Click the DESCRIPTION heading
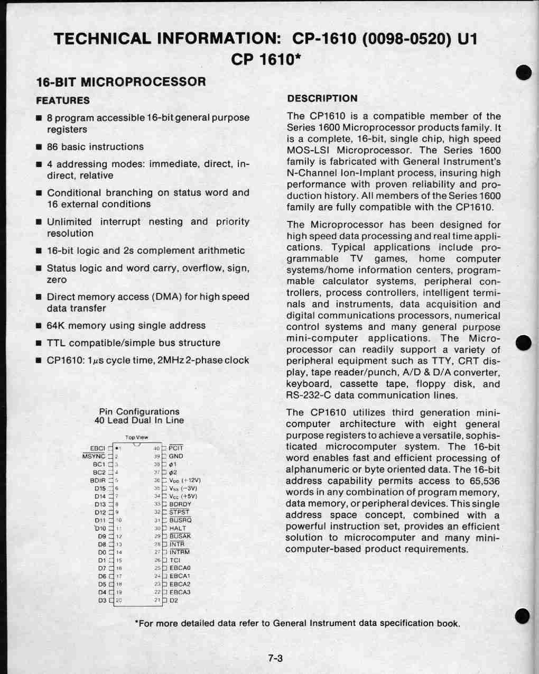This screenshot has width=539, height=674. (x=322, y=98)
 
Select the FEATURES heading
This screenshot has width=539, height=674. (x=63, y=100)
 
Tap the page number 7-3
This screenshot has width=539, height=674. (x=275, y=658)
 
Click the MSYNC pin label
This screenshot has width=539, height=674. (x=94, y=456)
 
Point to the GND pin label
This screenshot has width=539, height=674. (x=176, y=456)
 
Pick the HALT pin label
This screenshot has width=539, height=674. (x=178, y=528)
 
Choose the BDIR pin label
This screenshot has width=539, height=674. (x=98, y=481)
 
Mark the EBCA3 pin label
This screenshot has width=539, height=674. (x=180, y=592)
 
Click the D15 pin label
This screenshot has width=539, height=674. (x=100, y=488)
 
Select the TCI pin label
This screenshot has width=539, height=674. (x=175, y=560)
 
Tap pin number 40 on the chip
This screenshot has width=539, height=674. (x=156, y=448)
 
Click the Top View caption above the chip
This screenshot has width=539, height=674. (x=137, y=437)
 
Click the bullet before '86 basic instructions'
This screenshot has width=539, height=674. (x=39, y=147)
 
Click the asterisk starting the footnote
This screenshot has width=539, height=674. (x=137, y=623)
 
